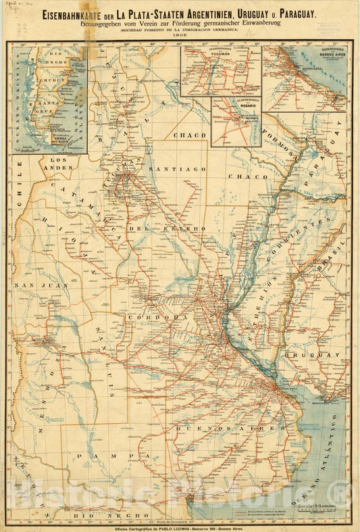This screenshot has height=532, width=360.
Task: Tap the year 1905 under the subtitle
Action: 180,37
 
